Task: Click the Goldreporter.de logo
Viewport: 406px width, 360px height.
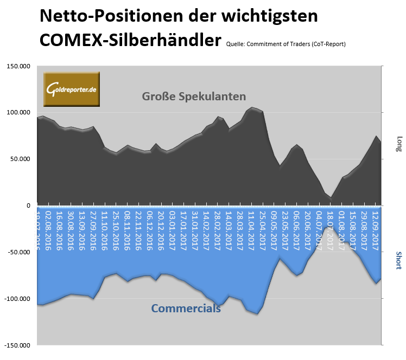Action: [x=72, y=88]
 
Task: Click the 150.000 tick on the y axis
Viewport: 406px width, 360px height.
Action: [x=18, y=66]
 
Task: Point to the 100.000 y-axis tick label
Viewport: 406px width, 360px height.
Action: [x=18, y=113]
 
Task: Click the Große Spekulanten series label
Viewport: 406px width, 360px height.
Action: [x=194, y=97]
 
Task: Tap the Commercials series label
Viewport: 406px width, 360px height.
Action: [x=186, y=308]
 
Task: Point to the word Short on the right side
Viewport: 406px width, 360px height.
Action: [x=399, y=260]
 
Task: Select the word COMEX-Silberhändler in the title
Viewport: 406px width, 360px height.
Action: [x=130, y=40]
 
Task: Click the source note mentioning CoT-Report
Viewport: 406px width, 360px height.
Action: [x=285, y=44]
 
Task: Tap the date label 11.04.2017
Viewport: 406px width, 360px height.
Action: [x=251, y=230]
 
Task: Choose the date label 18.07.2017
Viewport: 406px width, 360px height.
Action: [x=330, y=230]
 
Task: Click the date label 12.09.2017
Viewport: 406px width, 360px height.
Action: [x=375, y=230]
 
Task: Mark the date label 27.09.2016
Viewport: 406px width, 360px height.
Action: [x=93, y=230]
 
